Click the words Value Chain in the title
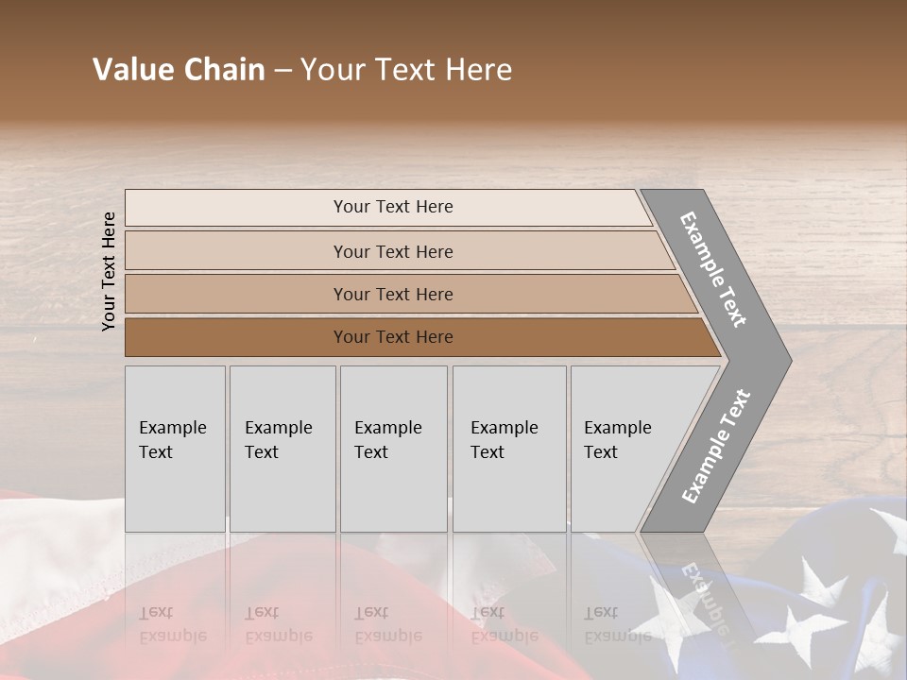[x=179, y=70]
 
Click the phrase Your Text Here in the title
[x=406, y=70]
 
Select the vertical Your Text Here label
[x=109, y=271]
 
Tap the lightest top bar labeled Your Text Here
[x=392, y=207]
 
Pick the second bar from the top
[x=392, y=251]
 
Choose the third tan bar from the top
[x=392, y=294]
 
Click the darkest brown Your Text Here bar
[x=392, y=337]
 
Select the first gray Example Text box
[x=175, y=449]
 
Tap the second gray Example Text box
[x=282, y=449]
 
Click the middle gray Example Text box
[x=393, y=449]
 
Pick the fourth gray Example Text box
[x=508, y=449]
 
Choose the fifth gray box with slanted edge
[x=624, y=449]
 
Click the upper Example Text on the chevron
[x=713, y=269]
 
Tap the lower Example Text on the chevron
[x=715, y=447]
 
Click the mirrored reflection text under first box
[x=173, y=624]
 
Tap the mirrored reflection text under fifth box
[x=617, y=624]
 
